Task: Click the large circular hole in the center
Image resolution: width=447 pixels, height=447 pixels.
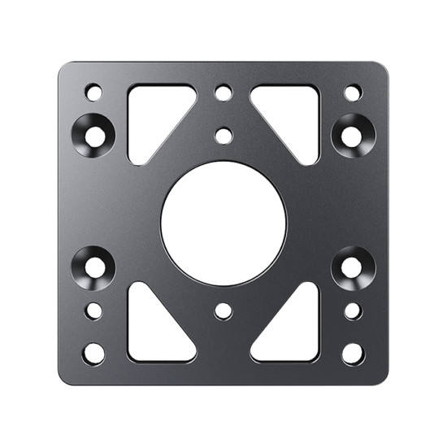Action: click(x=223, y=223)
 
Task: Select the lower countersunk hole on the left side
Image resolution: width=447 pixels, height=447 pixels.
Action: click(x=94, y=266)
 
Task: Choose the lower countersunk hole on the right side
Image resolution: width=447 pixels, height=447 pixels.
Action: click(x=353, y=266)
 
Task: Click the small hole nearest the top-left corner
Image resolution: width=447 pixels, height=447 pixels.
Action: click(x=94, y=93)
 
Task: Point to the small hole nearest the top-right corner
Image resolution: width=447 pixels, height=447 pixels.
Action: click(x=353, y=93)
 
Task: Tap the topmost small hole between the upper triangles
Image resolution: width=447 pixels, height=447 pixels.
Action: click(x=223, y=93)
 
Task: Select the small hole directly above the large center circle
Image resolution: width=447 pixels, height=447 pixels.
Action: click(x=223, y=135)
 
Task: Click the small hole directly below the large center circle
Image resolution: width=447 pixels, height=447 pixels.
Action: click(x=223, y=311)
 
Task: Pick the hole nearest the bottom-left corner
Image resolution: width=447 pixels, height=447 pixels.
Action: click(x=94, y=354)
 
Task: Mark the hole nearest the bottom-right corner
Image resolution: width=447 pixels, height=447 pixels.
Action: click(x=353, y=354)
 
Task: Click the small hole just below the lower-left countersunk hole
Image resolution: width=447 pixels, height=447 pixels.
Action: click(x=94, y=311)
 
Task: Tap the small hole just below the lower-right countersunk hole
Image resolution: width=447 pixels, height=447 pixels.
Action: click(x=353, y=311)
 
